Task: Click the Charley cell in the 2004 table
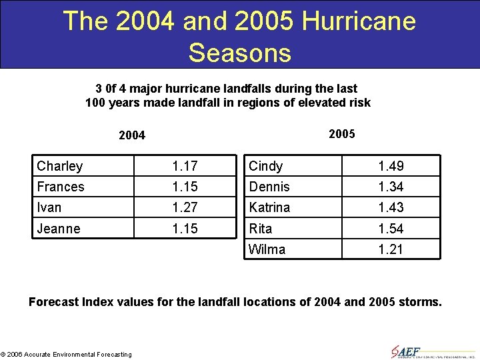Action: point(60,166)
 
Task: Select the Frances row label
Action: point(61,187)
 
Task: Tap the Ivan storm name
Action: point(49,207)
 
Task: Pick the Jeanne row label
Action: point(59,229)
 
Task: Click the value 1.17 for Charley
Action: point(185,166)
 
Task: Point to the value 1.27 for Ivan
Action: point(185,207)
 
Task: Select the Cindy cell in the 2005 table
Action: point(266,166)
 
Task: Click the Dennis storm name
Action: point(269,187)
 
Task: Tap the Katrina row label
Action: point(270,207)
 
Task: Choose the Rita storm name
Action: point(261,229)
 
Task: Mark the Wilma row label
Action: point(267,249)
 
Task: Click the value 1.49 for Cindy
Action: point(391,166)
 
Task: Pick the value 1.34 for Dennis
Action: point(391,187)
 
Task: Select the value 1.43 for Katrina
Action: point(391,207)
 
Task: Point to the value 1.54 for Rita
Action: point(391,229)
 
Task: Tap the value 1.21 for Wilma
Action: point(391,249)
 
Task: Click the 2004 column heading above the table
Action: point(132,136)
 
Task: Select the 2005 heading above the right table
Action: point(342,134)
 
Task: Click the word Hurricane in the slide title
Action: point(359,21)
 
